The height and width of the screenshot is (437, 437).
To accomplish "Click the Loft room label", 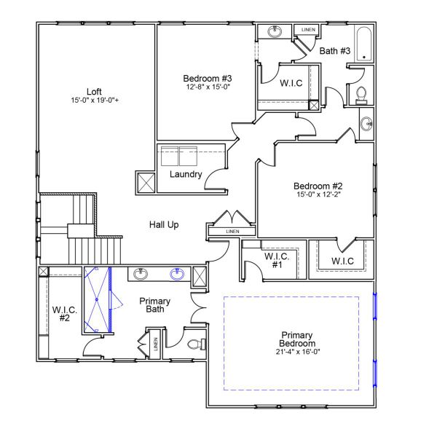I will tap(94, 91).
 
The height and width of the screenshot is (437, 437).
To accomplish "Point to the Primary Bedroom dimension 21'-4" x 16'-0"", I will tap(298, 352).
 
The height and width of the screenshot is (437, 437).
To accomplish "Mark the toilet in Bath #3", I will tap(360, 94).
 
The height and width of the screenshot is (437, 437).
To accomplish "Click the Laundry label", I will tap(185, 175).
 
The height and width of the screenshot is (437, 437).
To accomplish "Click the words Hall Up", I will tap(164, 225).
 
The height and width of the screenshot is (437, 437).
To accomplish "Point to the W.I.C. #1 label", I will tap(276, 261).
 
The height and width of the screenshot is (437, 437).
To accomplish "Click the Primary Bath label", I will tap(154, 305).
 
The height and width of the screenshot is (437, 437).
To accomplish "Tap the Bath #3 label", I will tap(335, 50).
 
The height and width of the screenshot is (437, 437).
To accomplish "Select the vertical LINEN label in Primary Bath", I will tap(155, 344).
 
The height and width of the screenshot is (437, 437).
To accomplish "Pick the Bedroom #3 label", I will tap(208, 79).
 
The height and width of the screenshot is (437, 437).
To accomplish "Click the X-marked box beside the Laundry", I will tap(145, 182).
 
